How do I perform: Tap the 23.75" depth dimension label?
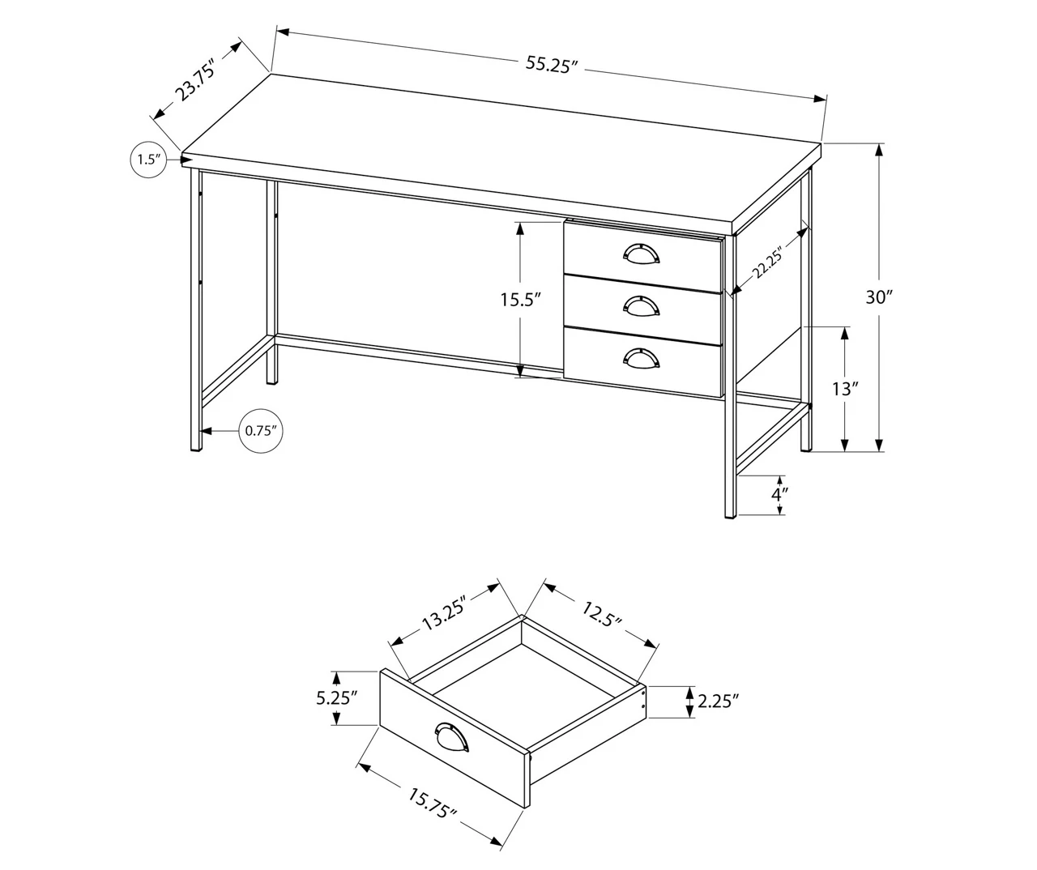(195, 79)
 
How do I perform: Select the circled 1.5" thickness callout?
(147, 159)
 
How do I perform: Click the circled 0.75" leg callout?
(261, 430)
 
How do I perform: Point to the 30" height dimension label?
(877, 296)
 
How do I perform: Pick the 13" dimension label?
(845, 389)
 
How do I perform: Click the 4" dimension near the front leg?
(779, 493)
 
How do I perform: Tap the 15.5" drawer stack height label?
(519, 300)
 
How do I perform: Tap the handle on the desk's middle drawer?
(642, 305)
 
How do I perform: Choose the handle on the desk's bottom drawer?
(642, 356)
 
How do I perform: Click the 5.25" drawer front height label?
(336, 697)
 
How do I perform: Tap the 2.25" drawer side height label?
(718, 701)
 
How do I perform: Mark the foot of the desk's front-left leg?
(194, 447)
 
